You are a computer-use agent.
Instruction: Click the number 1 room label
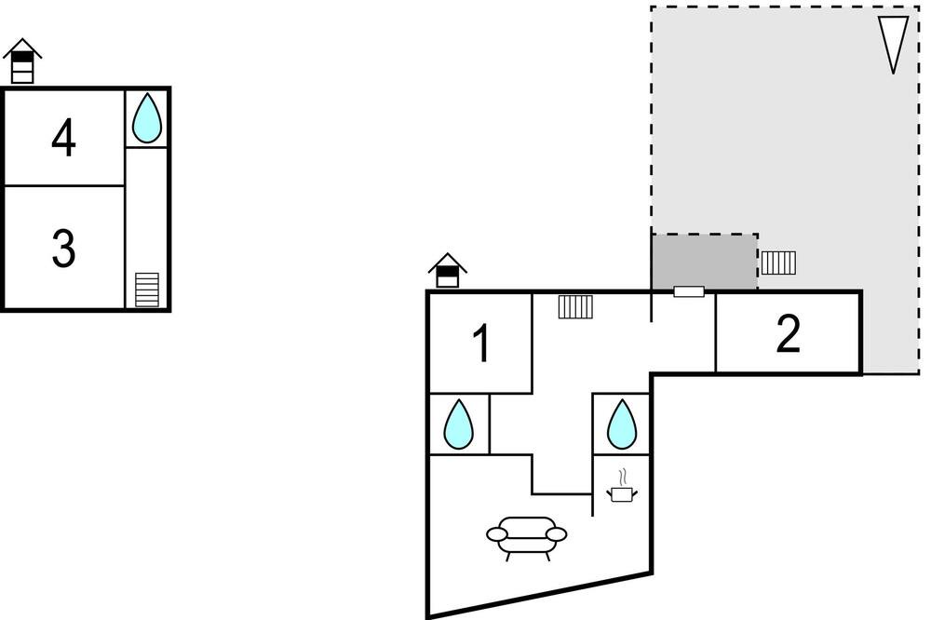(482, 343)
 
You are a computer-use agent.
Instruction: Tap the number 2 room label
(788, 334)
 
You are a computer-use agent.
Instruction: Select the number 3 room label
(63, 249)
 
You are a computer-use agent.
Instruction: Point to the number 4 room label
(63, 138)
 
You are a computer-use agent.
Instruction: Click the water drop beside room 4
(147, 118)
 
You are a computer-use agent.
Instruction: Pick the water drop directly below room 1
(459, 424)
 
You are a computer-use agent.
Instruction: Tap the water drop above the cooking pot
(622, 424)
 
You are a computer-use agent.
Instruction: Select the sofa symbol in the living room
(527, 537)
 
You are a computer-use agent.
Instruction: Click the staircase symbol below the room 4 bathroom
(147, 290)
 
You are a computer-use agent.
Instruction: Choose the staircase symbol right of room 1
(575, 306)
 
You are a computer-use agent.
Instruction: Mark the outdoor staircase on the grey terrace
(778, 263)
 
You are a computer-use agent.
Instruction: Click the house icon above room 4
(22, 61)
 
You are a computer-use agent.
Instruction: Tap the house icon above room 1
(448, 271)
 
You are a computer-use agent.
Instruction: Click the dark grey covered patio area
(704, 262)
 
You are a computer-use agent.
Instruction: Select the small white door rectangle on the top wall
(689, 291)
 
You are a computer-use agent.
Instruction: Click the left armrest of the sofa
(497, 535)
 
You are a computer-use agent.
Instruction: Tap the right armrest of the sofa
(557, 534)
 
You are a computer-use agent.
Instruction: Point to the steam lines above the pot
(622, 477)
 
